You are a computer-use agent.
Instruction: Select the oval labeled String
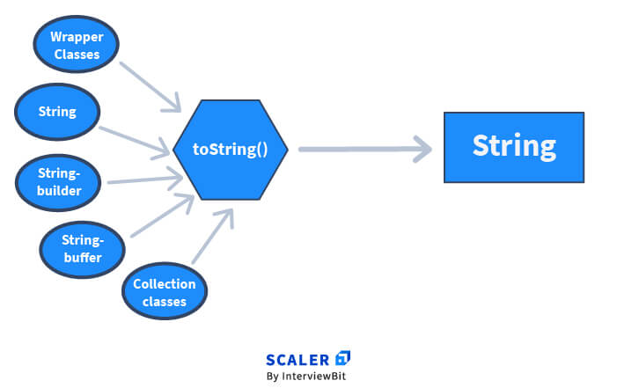[x=58, y=112]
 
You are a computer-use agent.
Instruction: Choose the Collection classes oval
[x=165, y=291]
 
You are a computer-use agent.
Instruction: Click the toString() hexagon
[x=230, y=148]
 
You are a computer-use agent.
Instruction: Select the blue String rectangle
[x=513, y=147]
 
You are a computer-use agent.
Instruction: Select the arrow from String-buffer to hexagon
[x=163, y=216]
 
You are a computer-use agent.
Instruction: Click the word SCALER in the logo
[x=297, y=359]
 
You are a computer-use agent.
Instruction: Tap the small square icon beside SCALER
[x=343, y=358]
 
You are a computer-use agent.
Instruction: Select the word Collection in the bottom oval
[x=165, y=283]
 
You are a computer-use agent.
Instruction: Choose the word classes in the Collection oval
[x=165, y=301]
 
